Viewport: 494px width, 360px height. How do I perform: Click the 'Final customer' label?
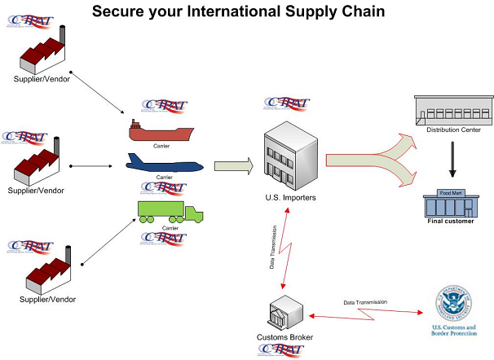click(x=451, y=221)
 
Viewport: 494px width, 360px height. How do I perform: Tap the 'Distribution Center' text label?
click(x=454, y=130)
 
